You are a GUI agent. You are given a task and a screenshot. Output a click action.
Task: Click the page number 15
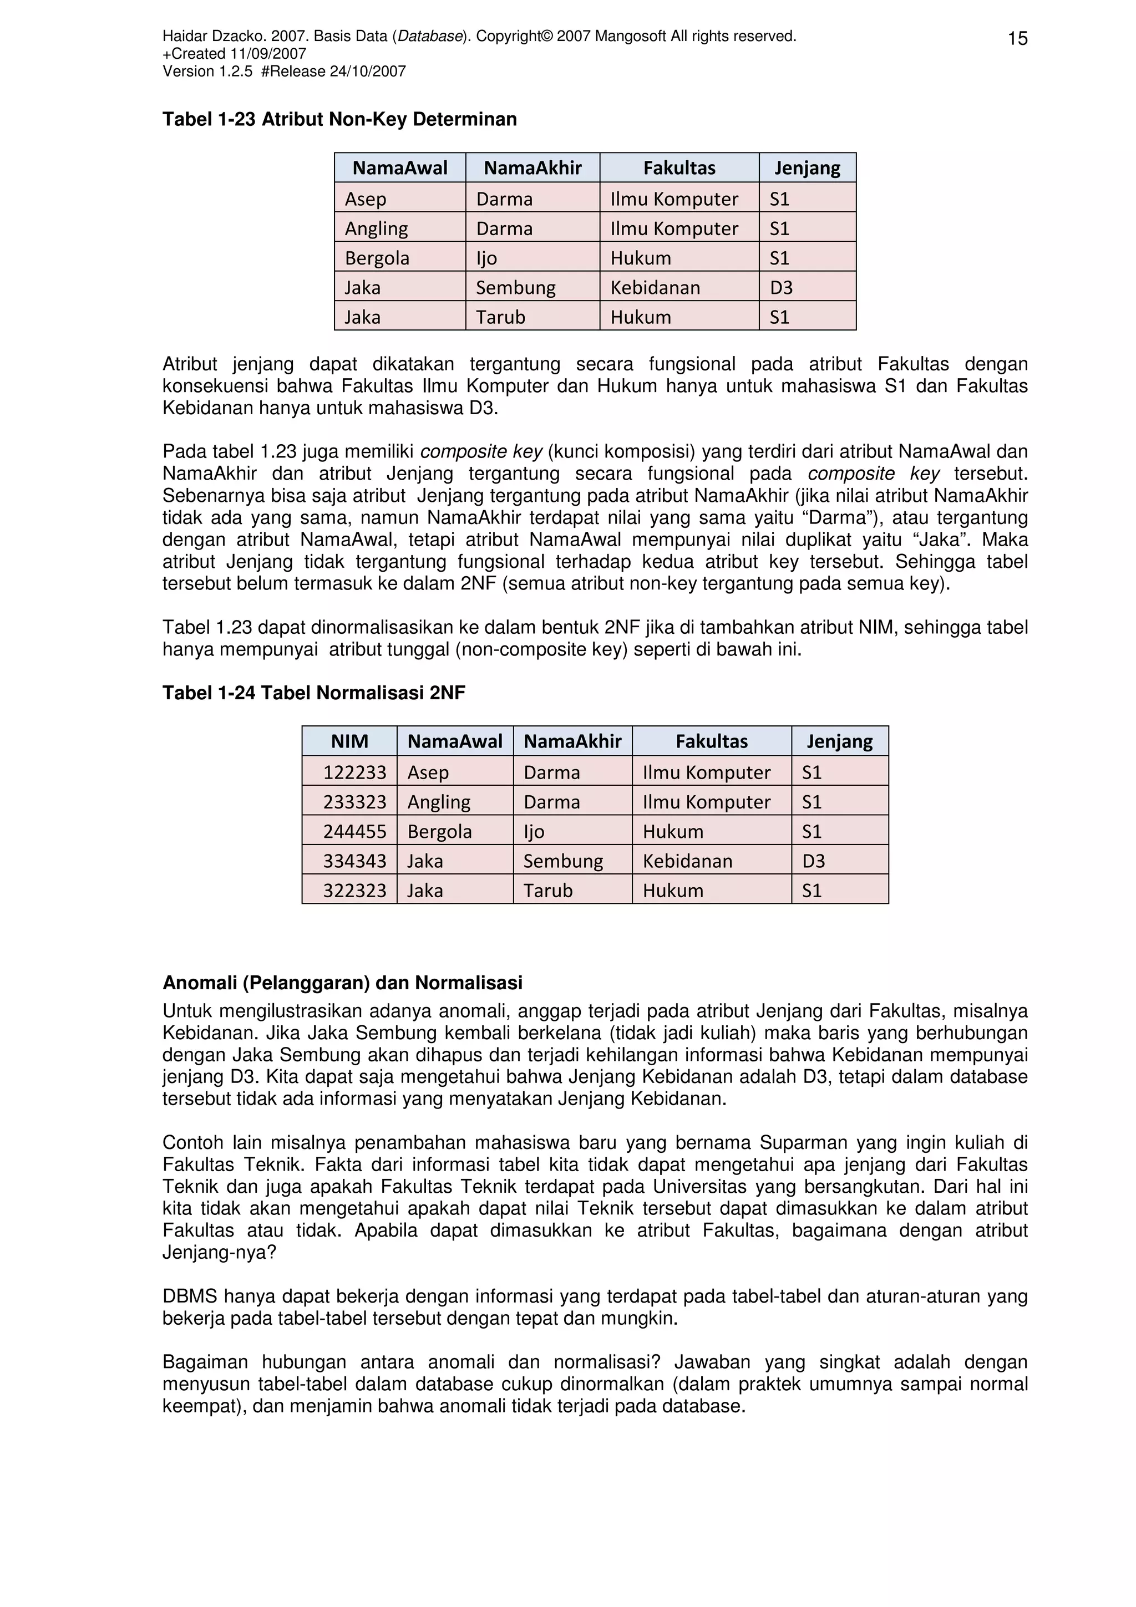point(1017,38)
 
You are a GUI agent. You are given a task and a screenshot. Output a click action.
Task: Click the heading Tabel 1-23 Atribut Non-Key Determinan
point(339,120)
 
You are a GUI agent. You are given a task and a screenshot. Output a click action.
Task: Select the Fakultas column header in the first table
point(679,168)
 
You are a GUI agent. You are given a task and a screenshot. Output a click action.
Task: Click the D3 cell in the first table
point(781,288)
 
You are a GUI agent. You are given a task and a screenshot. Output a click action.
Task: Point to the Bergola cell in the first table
point(377,258)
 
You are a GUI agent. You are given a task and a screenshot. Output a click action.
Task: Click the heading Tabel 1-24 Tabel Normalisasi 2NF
point(313,693)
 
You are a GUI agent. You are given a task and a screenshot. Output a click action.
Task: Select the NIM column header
point(349,741)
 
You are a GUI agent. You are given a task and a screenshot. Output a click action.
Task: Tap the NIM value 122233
point(354,772)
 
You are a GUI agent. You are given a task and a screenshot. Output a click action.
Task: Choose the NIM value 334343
point(354,861)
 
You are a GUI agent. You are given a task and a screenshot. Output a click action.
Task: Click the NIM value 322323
point(354,891)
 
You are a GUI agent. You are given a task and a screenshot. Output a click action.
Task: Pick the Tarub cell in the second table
point(548,891)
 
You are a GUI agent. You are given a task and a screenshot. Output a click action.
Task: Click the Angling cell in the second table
point(439,802)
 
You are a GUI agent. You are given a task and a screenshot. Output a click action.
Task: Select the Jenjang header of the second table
point(839,741)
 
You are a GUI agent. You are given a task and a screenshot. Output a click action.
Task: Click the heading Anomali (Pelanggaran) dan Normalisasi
point(342,983)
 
